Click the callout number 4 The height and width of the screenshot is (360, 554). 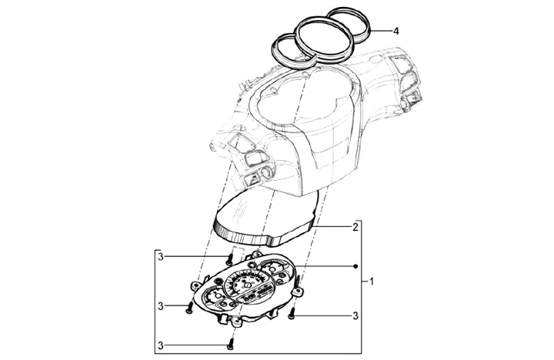(395, 32)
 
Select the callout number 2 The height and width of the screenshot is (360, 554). (355, 227)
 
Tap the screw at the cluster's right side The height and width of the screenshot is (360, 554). (292, 313)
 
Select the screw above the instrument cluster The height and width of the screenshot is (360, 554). (230, 258)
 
